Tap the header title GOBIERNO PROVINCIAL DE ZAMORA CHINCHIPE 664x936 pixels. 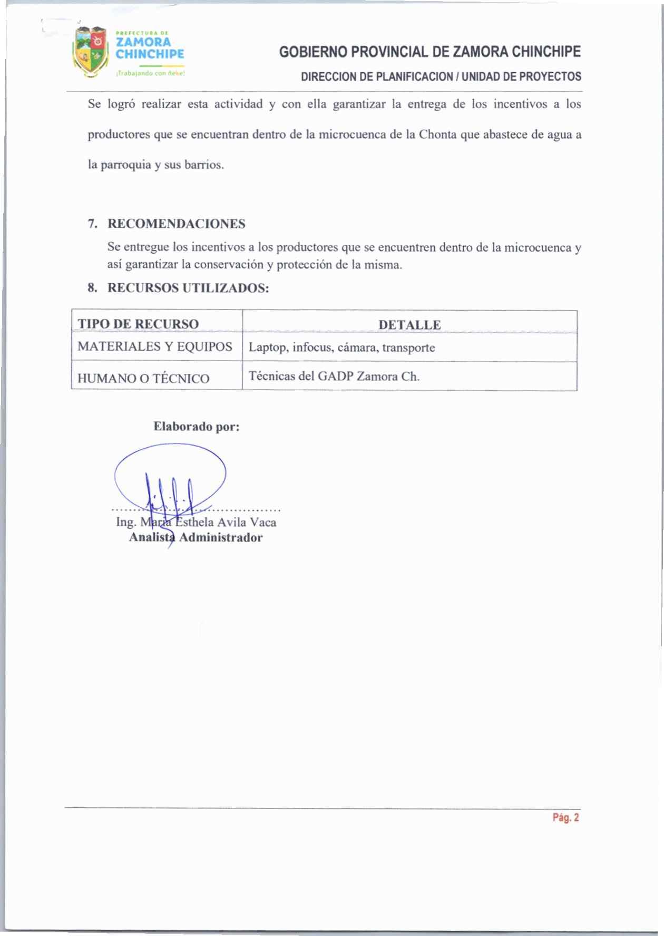click(430, 52)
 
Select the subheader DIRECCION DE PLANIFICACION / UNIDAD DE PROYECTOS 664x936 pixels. click(441, 76)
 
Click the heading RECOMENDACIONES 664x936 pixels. click(177, 224)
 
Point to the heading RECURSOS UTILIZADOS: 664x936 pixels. click(188, 288)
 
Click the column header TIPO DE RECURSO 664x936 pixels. click(138, 324)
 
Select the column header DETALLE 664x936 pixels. click(409, 325)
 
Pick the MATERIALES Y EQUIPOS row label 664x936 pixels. click(155, 346)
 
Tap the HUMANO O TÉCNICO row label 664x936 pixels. click(143, 378)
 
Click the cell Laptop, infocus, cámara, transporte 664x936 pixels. click(341, 348)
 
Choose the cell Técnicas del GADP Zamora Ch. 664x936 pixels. click(334, 377)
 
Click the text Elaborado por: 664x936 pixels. click(197, 427)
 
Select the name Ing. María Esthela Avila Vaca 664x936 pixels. click(196, 522)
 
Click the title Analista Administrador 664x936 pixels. click(196, 537)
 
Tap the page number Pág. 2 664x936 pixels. click(565, 818)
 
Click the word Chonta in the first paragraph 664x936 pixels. click(437, 134)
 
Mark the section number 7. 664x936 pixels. click(92, 224)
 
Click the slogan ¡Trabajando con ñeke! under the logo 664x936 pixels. click(150, 74)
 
